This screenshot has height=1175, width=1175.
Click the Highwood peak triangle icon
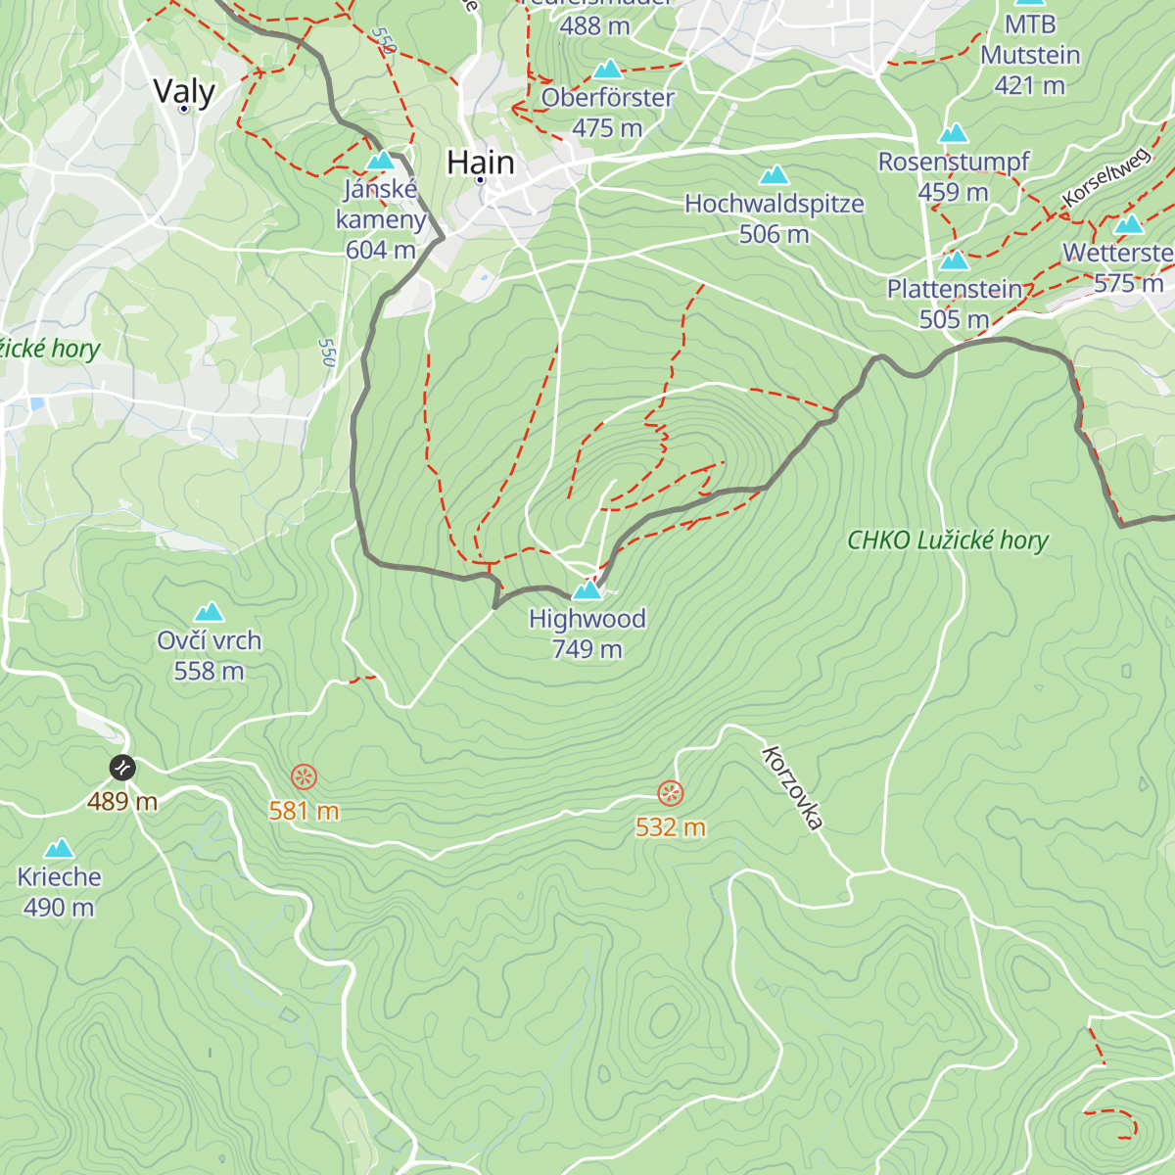point(587,589)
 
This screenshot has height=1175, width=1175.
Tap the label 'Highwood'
point(587,619)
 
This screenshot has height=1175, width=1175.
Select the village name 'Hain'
point(480,163)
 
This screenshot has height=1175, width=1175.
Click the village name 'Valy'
point(184,91)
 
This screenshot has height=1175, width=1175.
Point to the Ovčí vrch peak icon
point(209,613)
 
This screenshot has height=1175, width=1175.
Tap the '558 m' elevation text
point(209,672)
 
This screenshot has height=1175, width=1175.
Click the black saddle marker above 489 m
point(122,768)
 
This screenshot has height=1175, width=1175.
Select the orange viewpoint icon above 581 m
point(304,778)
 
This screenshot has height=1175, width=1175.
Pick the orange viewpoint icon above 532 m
point(670,792)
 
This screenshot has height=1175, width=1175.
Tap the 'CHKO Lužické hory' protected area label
point(947,540)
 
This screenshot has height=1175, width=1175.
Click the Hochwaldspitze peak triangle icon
point(775,175)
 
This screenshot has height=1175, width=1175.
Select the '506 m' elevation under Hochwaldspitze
point(774,235)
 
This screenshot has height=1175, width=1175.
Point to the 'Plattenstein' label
point(955,290)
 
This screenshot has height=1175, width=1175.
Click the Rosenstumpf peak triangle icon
point(954,133)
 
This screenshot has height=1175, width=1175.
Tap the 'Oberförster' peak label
point(607,98)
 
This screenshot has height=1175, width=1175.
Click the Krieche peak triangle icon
point(59,848)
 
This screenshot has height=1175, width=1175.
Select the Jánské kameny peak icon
point(380,160)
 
